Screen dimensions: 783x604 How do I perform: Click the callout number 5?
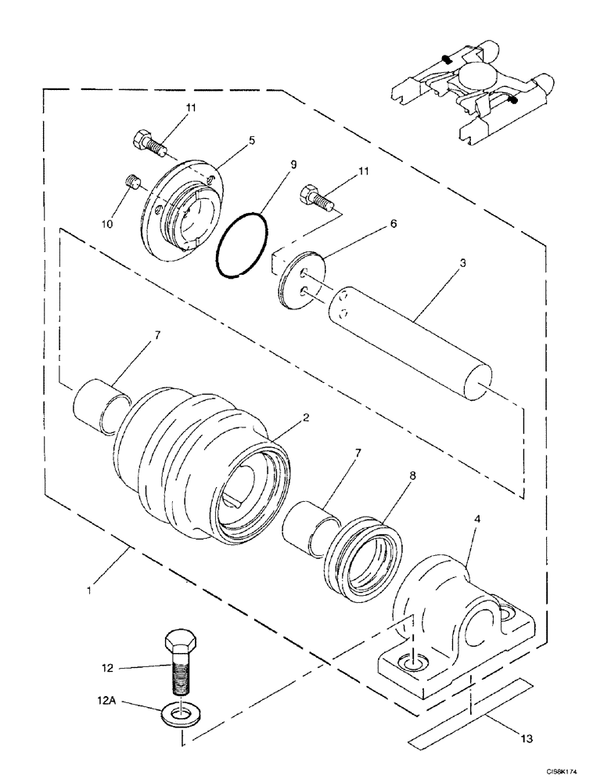click(x=251, y=141)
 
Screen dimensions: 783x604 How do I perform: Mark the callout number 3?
click(x=464, y=264)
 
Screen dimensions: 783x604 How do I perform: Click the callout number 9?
click(x=293, y=165)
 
